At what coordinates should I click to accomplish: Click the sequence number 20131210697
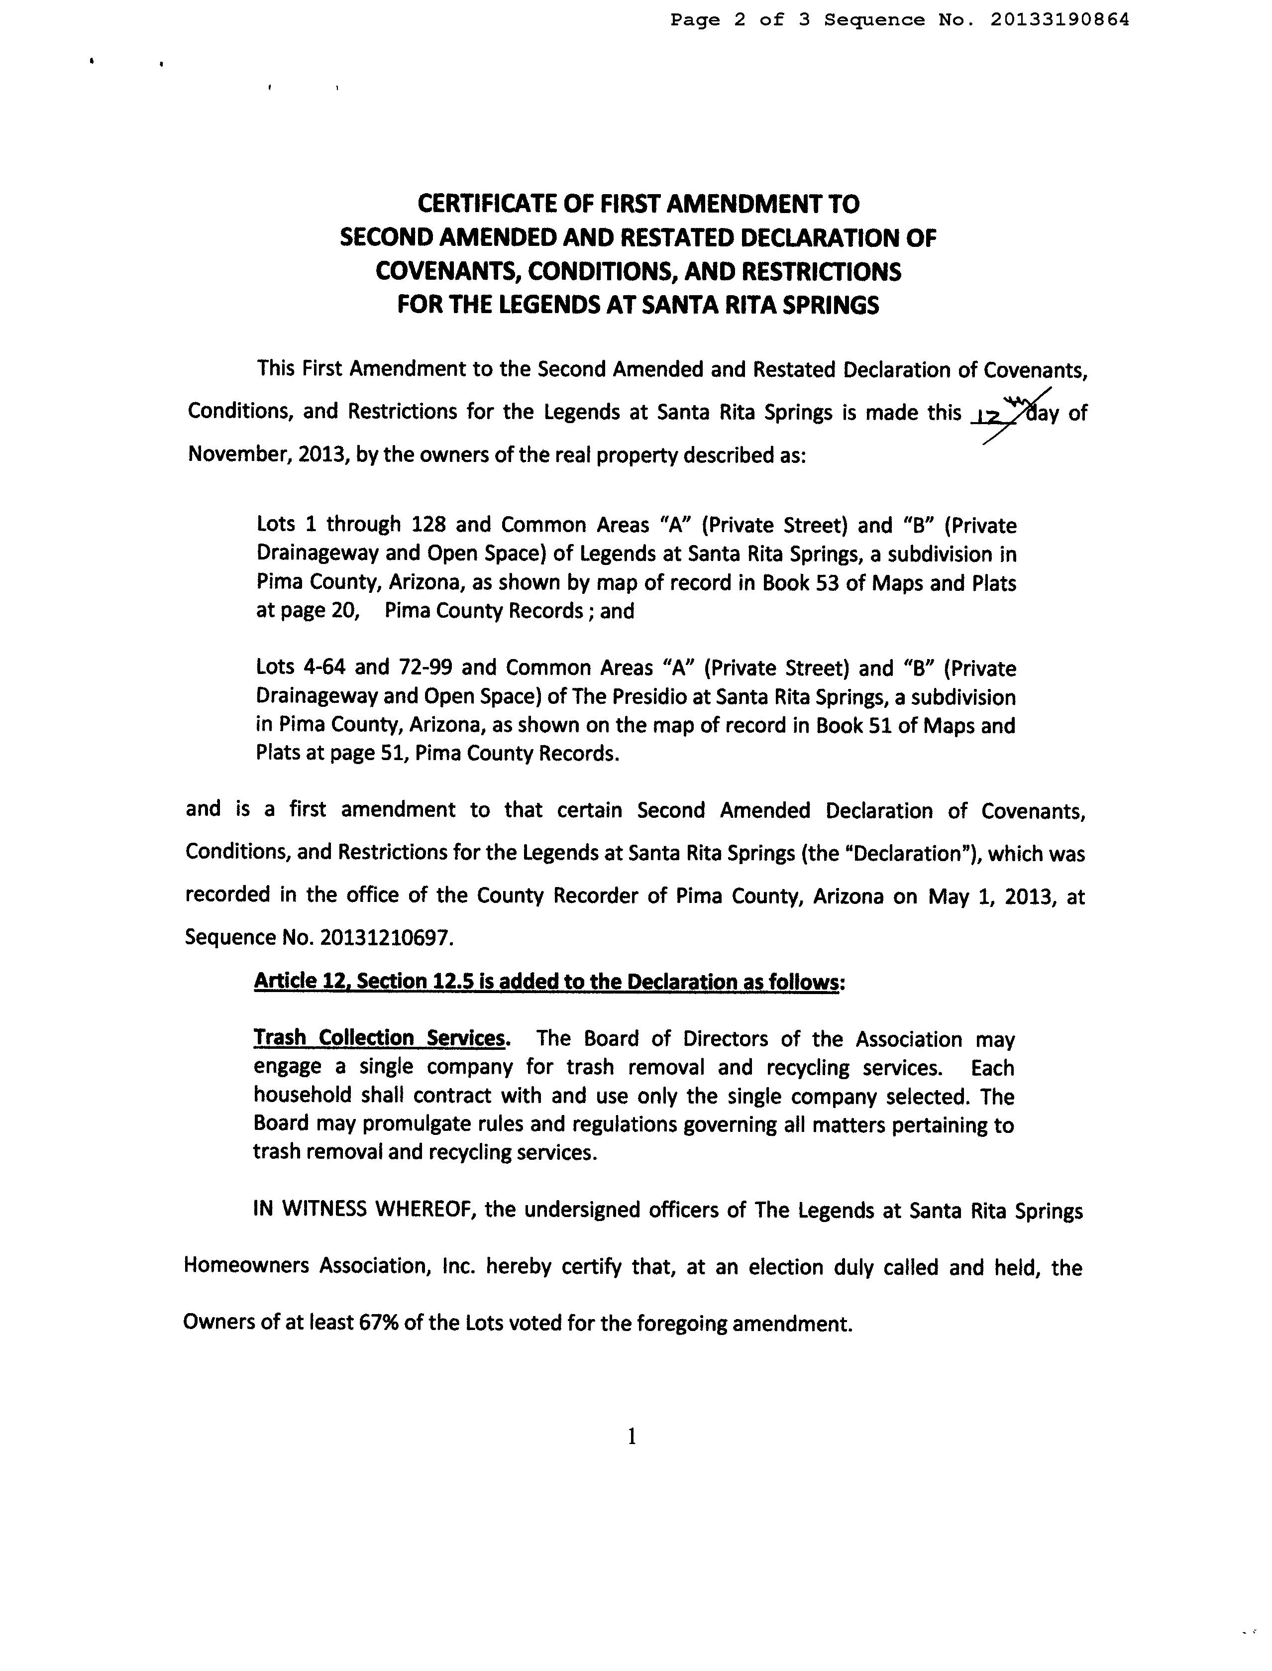387,938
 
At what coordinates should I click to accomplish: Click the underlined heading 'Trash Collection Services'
379,1038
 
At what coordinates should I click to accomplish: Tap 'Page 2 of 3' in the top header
740,20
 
